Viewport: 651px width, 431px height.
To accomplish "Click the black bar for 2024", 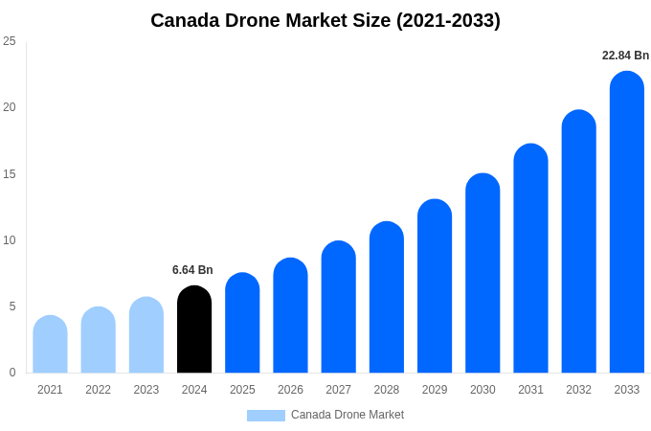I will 194,329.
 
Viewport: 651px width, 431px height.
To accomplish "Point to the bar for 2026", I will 290,315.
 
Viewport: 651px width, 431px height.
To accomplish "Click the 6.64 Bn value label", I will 192,270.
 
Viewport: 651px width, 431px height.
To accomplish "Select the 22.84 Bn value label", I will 625,56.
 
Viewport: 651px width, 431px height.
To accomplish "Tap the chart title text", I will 325,20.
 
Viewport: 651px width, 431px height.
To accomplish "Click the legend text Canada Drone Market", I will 348,415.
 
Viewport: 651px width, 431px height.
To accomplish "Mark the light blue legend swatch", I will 265,416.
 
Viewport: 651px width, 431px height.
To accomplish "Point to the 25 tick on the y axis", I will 10,41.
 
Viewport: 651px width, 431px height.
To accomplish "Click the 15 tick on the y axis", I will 10,174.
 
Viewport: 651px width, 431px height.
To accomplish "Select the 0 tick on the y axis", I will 12,373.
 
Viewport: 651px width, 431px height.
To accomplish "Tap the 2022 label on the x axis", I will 98,390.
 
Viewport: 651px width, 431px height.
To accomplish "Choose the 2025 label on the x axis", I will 242,390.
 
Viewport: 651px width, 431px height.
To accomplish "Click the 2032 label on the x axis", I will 578,390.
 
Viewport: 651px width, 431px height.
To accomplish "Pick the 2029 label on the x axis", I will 434,390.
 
